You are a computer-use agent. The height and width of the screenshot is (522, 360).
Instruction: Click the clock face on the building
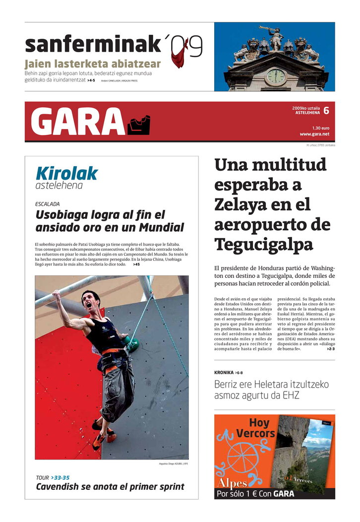275,76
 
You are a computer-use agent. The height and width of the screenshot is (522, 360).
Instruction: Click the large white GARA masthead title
77,122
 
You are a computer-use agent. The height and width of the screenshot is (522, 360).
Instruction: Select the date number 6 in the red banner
326,111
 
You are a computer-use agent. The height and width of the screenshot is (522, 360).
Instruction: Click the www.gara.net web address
314,134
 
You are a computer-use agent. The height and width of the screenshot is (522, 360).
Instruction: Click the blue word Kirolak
66,173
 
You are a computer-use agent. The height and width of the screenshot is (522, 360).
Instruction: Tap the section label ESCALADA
48,204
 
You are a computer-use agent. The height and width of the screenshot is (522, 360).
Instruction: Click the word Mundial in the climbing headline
160,228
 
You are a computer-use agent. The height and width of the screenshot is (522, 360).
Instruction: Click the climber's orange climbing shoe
99,440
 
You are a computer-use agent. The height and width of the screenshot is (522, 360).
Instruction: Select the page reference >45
136,264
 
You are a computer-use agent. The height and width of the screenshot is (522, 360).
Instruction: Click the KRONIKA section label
224,372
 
